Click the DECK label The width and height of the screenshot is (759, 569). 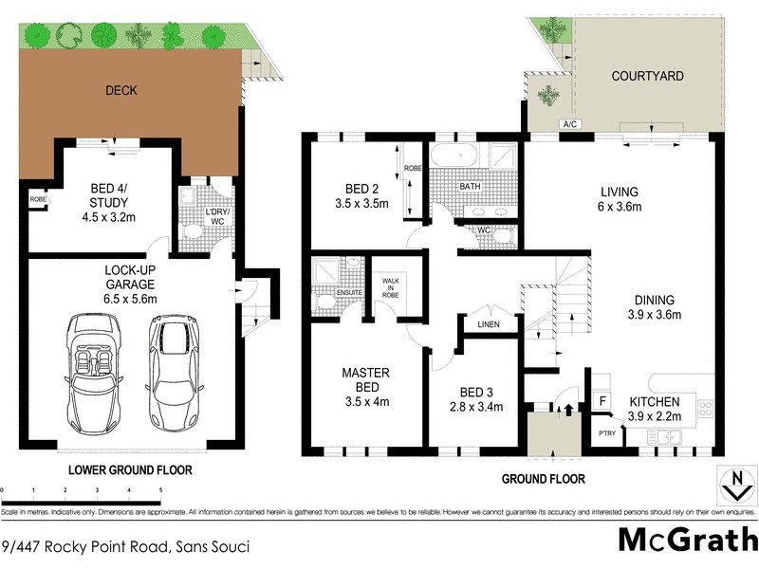(x=121, y=91)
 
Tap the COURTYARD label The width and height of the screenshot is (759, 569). (x=648, y=76)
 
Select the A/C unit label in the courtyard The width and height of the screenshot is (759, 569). (x=570, y=124)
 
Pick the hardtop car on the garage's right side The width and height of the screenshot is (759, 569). (x=173, y=360)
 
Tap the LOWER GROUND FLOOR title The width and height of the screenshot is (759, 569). (x=130, y=469)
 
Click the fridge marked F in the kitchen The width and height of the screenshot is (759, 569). (x=602, y=402)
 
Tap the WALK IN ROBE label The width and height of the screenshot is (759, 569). (x=390, y=286)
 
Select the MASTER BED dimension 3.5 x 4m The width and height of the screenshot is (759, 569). (x=365, y=401)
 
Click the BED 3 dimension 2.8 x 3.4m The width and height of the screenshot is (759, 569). (x=474, y=408)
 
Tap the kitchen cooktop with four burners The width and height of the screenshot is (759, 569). (x=705, y=411)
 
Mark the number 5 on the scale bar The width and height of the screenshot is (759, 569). (x=160, y=490)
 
